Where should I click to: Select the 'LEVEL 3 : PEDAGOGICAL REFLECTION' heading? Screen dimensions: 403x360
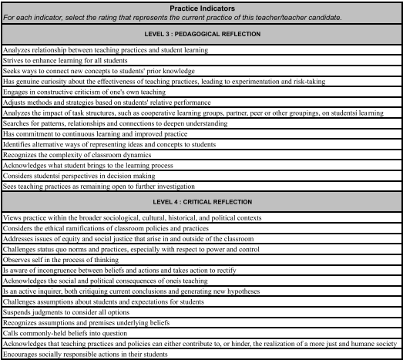[x=202, y=35]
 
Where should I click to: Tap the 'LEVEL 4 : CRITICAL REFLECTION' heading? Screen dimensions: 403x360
[x=202, y=202]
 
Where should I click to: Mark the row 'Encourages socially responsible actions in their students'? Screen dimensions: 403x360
[x=85, y=354]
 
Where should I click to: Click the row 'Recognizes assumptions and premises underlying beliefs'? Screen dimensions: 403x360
[x=85, y=322]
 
